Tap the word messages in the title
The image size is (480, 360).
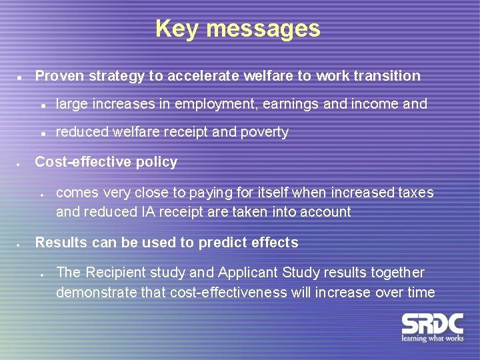(263, 29)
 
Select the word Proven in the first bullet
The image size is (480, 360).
(59, 76)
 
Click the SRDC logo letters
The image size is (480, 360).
(432, 325)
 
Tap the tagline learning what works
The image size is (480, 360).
(432, 339)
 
